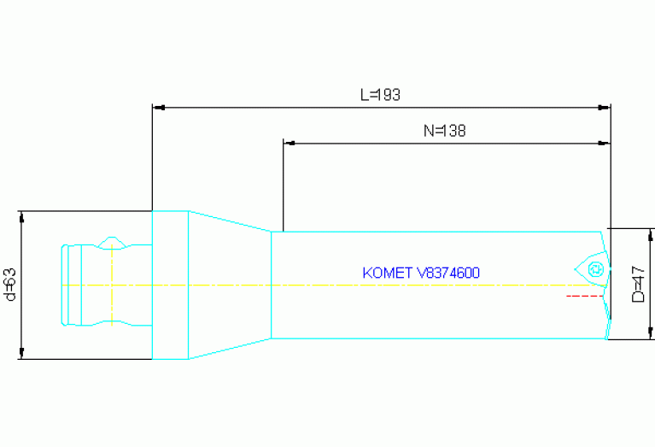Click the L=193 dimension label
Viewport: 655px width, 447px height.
[x=380, y=95]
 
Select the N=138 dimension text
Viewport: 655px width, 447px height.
[x=444, y=131]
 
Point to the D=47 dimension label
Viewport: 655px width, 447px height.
[x=638, y=284]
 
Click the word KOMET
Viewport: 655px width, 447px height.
[x=387, y=273]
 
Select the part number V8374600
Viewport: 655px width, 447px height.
[x=448, y=273]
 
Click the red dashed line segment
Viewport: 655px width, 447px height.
[x=584, y=296]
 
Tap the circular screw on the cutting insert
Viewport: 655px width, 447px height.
[x=596, y=269]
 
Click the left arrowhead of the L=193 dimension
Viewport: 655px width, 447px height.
[x=159, y=108]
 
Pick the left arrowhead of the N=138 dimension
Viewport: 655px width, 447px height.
[x=289, y=143]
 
